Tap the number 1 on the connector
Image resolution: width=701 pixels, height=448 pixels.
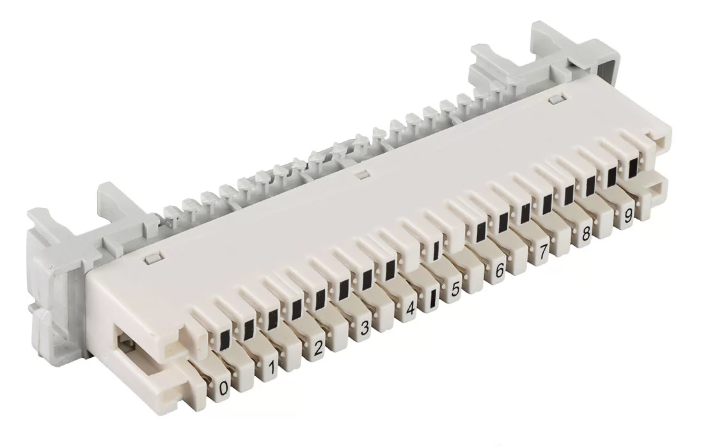coord(271,369)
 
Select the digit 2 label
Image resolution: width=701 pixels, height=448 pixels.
coord(319,348)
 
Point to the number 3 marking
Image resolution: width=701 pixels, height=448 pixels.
coord(365,328)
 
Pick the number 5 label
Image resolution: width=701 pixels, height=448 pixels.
coord(455,289)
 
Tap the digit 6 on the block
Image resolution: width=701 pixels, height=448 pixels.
coord(500,270)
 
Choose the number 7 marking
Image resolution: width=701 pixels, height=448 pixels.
coord(542,252)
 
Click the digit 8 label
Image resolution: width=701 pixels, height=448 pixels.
coord(585,234)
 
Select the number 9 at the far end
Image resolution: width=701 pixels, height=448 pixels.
coord(627,216)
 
